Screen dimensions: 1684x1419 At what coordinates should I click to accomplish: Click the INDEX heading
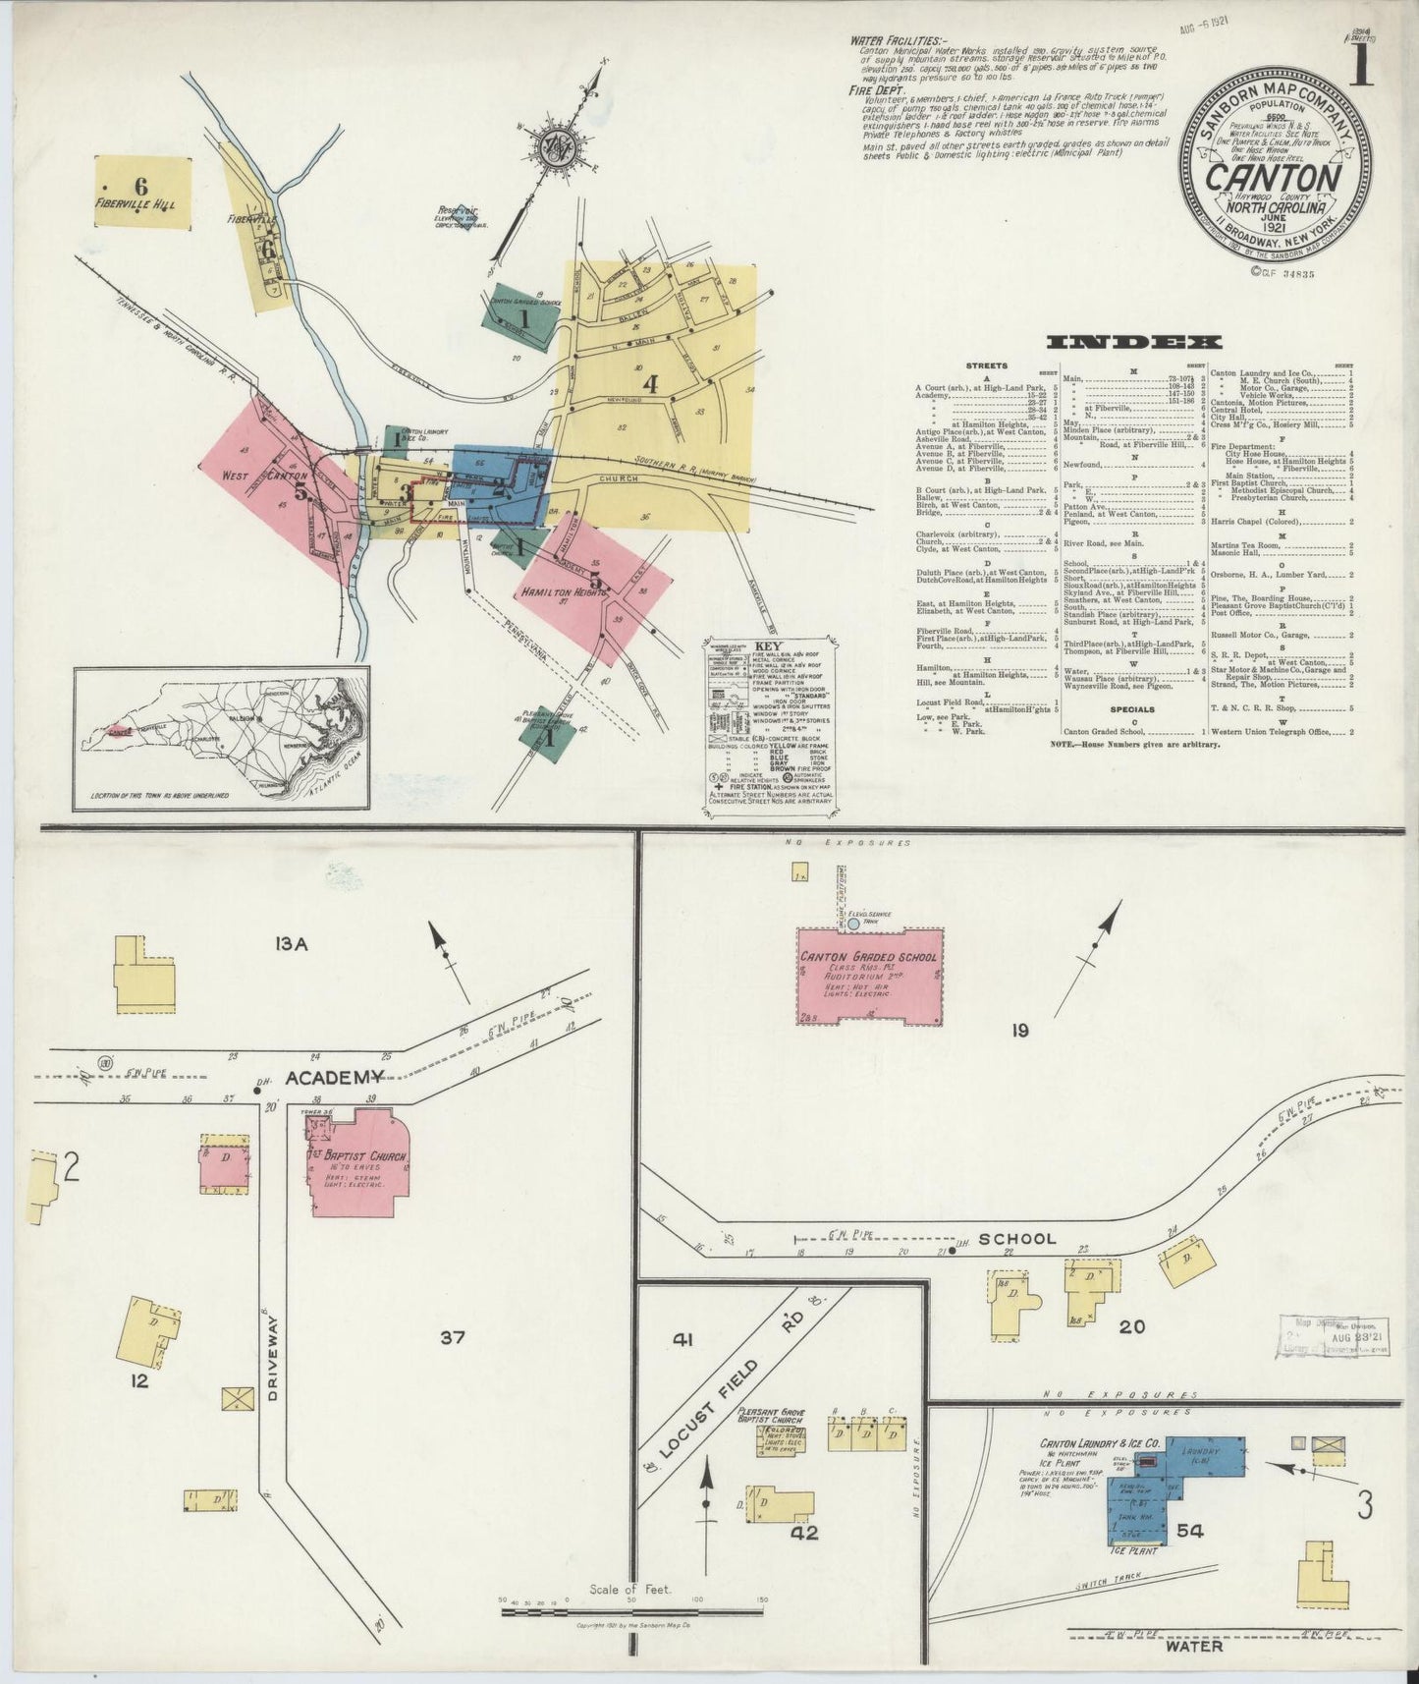[1133, 341]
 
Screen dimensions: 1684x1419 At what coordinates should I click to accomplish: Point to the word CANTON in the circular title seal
[1274, 179]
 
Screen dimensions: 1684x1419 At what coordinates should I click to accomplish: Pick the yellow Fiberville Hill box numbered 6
[143, 192]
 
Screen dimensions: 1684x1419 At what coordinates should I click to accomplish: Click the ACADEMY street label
[325, 1079]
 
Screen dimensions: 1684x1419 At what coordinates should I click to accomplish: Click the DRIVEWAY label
[272, 1372]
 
